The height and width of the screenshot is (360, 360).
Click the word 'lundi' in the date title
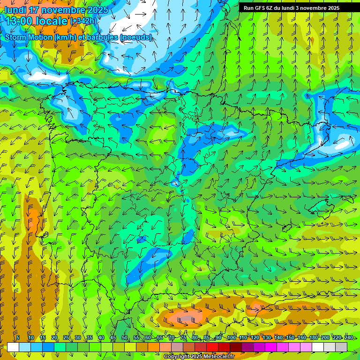15,10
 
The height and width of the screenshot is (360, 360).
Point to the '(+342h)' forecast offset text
83,21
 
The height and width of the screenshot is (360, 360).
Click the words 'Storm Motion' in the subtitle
28,37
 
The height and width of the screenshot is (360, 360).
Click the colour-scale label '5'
18,337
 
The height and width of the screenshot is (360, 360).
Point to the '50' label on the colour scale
125,337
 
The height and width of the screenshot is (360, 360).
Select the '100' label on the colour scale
231,337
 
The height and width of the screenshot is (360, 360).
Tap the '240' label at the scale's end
348,337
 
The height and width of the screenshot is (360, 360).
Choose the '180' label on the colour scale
313,337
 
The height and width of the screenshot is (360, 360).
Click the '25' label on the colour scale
66,337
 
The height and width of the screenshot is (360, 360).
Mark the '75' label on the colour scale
183,337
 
